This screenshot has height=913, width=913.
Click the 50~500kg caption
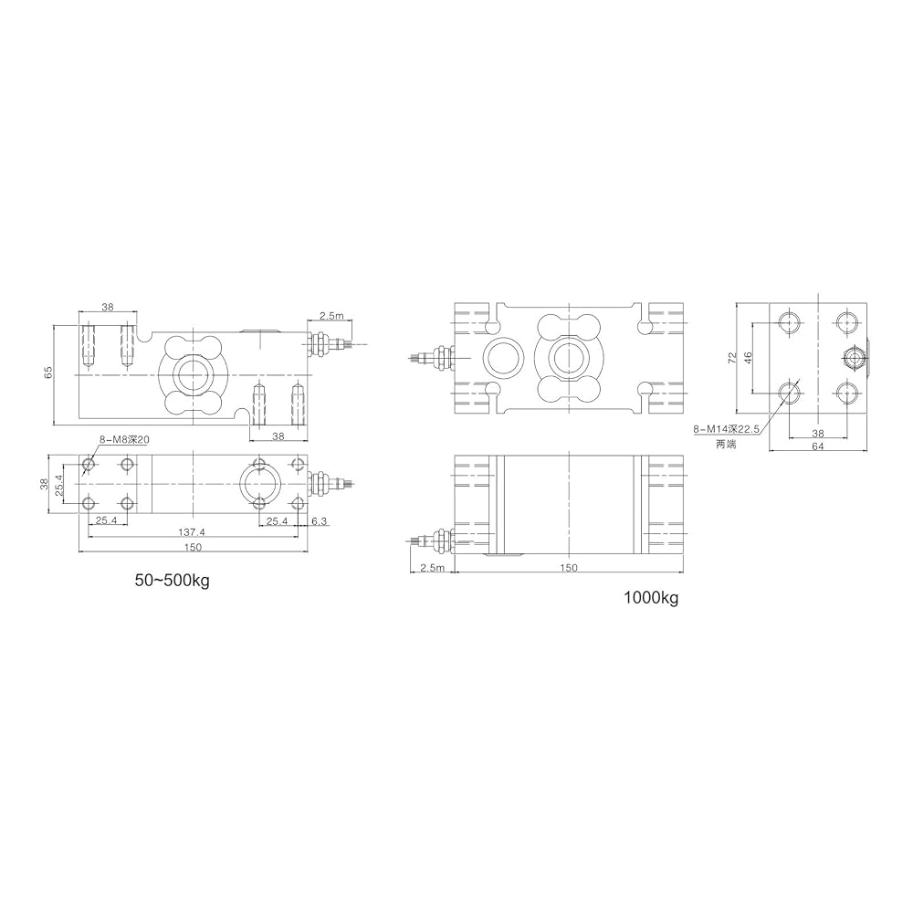pos(172,581)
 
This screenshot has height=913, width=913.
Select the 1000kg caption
pos(651,597)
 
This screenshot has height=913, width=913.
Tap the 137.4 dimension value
pos(192,531)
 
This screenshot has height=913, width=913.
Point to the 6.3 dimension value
pos(319,521)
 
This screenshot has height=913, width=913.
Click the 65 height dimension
pos(49,373)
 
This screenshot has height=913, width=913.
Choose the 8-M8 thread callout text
pos(124,440)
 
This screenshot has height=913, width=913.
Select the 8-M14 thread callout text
pos(726,430)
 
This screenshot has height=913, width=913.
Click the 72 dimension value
pos(732,357)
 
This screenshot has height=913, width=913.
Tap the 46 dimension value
pos(749,357)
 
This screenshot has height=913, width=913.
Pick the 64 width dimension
pos(817,446)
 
